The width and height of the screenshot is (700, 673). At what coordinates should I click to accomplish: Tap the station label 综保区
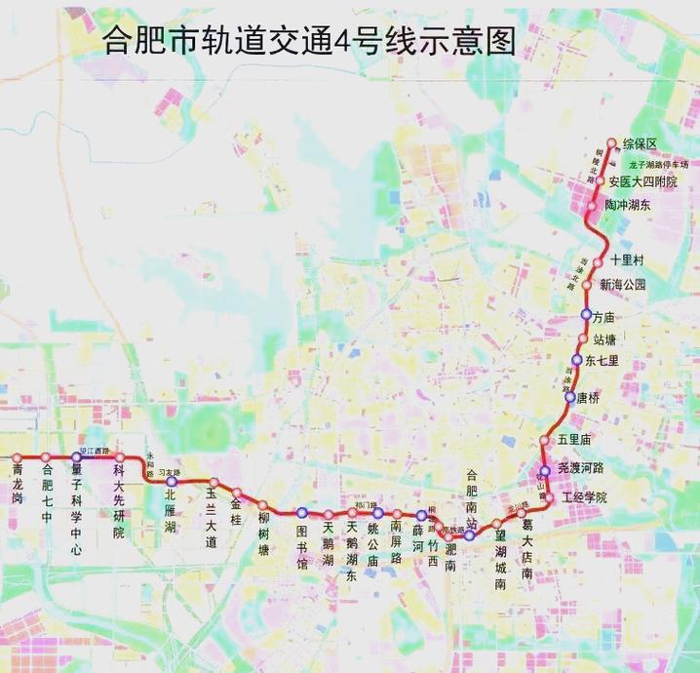coord(640,144)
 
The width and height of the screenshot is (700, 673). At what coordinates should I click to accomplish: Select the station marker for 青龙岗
coord(17,457)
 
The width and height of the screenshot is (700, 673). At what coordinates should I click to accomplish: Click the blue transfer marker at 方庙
coord(587,314)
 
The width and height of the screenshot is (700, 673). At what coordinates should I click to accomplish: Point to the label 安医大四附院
coord(642,181)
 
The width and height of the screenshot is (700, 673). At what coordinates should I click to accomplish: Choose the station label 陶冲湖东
coord(627,206)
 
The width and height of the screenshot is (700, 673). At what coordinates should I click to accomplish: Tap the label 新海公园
coord(623,285)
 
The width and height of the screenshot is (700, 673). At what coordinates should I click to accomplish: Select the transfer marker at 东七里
coord(577,360)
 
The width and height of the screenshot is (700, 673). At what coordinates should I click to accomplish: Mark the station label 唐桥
coord(588,398)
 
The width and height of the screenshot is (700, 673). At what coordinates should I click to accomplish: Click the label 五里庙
coord(575,440)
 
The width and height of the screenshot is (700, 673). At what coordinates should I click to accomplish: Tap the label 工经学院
coord(582,497)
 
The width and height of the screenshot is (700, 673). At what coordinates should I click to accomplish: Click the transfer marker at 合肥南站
coord(469,535)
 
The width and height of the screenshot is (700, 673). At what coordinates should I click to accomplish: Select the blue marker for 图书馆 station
coord(302,512)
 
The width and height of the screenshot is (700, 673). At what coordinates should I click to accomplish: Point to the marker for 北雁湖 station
coord(173,481)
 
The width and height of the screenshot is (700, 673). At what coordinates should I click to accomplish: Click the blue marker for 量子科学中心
coord(76,457)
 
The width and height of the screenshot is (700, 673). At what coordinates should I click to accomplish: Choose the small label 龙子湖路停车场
coord(658,164)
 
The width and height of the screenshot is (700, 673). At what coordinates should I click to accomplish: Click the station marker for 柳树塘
coord(262,504)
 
